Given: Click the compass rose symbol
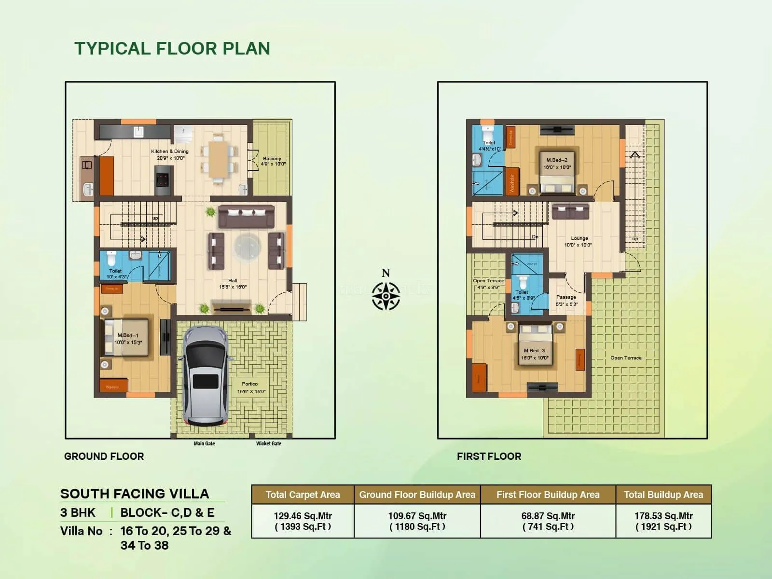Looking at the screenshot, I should [386, 295].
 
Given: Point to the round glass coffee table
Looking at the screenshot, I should [248, 246].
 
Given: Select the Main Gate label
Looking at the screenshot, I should [204, 443].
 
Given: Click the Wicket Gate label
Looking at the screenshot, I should [269, 443].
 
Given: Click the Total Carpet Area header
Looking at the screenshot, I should [303, 495].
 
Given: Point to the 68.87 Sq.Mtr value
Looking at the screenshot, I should [548, 516].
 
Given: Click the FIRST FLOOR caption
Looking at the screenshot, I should [489, 456].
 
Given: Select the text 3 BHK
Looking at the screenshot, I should [78, 512].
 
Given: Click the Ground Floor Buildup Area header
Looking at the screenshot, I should [417, 495].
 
